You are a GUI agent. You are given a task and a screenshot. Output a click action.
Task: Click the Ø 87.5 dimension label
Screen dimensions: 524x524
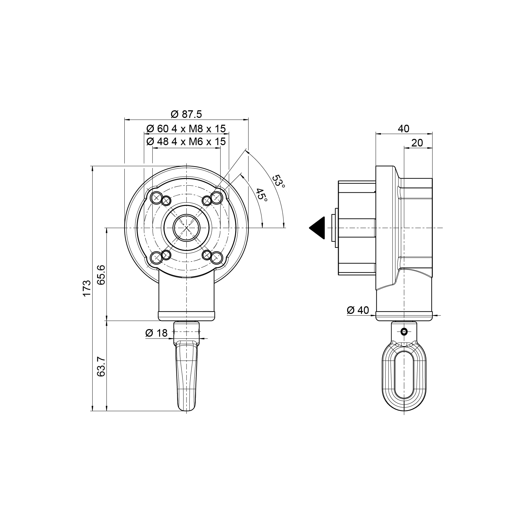(x=186, y=114)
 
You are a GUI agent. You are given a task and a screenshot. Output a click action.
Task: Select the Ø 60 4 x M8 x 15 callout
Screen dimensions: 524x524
(x=186, y=129)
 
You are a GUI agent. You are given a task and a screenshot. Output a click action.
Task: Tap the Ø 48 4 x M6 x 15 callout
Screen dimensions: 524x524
(x=186, y=141)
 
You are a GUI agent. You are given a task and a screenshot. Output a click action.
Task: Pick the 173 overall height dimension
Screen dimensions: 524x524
(x=86, y=288)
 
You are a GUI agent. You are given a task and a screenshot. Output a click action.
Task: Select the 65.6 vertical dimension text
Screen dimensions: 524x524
(x=101, y=275)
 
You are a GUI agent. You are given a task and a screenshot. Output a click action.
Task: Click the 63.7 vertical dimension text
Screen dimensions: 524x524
(x=101, y=367)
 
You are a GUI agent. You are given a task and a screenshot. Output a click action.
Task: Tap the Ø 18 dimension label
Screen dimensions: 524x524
(x=156, y=333)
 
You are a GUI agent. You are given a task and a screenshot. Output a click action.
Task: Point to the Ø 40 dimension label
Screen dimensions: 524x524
(x=358, y=310)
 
